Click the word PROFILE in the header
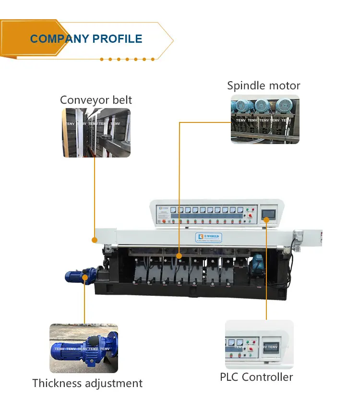tap(118, 39)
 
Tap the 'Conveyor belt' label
tap(96, 100)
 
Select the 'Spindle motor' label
tap(264, 85)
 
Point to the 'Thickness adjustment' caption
tap(87, 383)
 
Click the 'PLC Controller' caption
tap(256, 377)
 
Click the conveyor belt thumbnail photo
tap(96, 133)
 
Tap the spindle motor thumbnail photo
tap(265, 119)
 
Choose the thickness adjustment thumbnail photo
tap(84, 348)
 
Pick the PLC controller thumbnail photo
tap(259, 344)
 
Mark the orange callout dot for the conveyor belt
tap(95, 239)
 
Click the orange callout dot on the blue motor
tap(84, 277)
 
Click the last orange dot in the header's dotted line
tap(153, 59)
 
